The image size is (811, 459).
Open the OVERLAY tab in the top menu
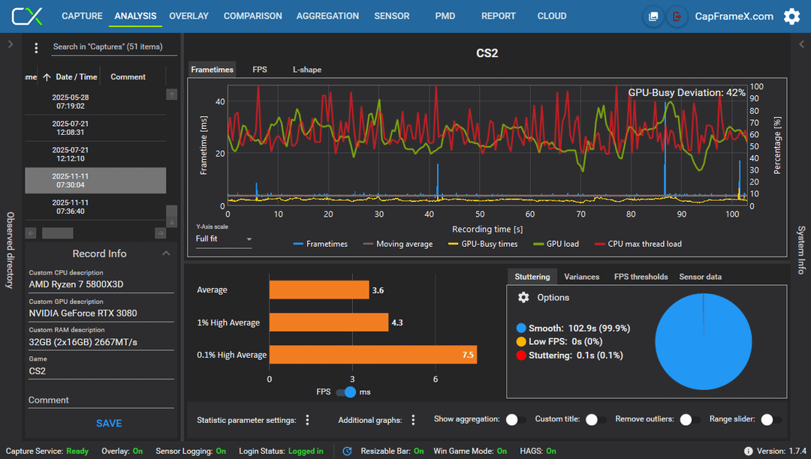188,16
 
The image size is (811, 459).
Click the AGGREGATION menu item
327,16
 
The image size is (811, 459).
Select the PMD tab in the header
445,16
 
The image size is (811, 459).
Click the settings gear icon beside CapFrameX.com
792,16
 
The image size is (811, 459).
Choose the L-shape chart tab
307,70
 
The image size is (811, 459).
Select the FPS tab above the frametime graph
260,70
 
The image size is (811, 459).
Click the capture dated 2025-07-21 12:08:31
71,128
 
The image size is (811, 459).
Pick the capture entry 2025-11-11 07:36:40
71,207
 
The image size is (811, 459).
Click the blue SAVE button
109,423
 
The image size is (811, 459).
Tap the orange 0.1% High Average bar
373,355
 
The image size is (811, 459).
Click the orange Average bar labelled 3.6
319,290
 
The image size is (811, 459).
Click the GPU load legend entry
556,244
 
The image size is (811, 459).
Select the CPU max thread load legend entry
638,244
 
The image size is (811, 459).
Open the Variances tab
581,277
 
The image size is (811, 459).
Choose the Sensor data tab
701,277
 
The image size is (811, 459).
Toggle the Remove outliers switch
690,420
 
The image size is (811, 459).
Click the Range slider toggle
770,420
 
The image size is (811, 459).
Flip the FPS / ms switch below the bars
346,392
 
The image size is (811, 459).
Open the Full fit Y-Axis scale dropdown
224,239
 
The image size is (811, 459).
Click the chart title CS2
487,53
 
